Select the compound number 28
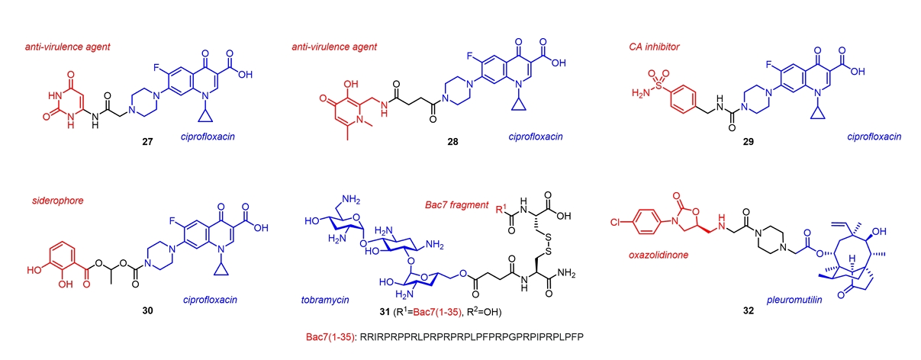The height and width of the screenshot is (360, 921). (x=452, y=142)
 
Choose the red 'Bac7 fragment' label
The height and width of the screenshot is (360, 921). (x=457, y=206)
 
